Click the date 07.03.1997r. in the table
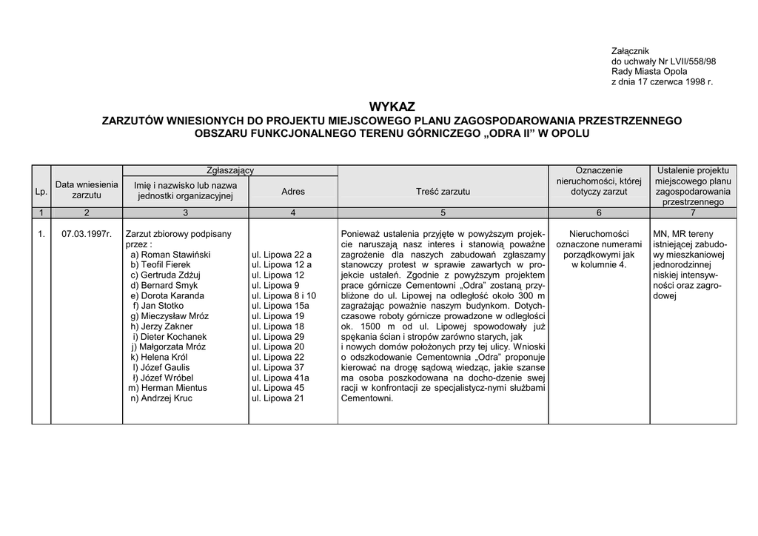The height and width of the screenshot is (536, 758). point(87,234)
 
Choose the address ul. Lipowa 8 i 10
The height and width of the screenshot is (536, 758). point(284,295)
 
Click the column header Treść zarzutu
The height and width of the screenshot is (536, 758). point(443,192)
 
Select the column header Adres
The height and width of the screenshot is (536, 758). point(293,192)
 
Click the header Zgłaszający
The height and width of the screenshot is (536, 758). point(229,170)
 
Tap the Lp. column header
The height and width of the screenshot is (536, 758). point(41,192)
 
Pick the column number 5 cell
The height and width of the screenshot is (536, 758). point(443,213)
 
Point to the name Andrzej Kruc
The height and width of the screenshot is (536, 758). point(168,398)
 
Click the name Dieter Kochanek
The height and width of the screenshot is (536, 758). point(174,337)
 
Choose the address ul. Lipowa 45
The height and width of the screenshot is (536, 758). point(278,388)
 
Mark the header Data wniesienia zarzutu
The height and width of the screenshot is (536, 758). point(87,190)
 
